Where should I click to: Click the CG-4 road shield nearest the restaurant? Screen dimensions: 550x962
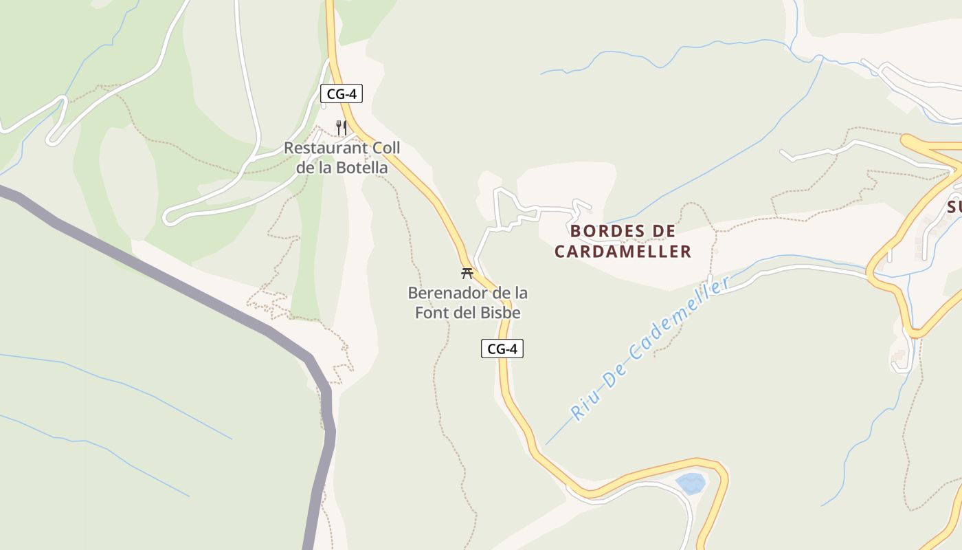(x=342, y=94)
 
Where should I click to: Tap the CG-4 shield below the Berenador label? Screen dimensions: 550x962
(x=502, y=349)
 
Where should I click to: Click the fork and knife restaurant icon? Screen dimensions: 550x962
(x=342, y=127)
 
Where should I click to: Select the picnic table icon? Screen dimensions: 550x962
(x=467, y=273)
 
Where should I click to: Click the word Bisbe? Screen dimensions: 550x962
(x=501, y=313)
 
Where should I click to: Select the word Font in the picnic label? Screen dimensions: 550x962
(x=458, y=313)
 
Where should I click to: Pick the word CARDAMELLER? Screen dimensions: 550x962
(x=623, y=252)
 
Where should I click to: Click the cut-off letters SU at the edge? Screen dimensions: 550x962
(x=954, y=207)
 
